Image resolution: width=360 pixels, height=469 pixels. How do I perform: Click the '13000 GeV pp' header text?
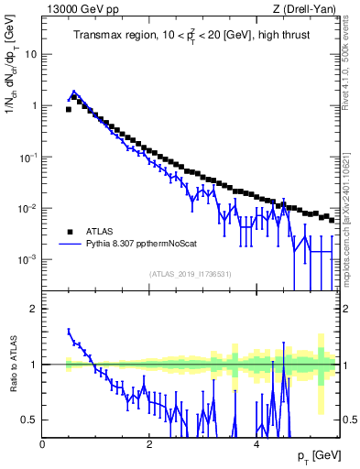79,9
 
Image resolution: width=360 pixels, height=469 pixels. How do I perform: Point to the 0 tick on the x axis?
43,444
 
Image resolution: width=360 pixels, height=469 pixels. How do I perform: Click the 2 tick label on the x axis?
149,444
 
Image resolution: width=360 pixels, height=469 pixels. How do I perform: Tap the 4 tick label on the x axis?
256,444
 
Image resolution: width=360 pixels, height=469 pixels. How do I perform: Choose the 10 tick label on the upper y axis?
30,54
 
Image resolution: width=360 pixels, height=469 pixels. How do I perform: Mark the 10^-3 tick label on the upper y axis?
27,260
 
